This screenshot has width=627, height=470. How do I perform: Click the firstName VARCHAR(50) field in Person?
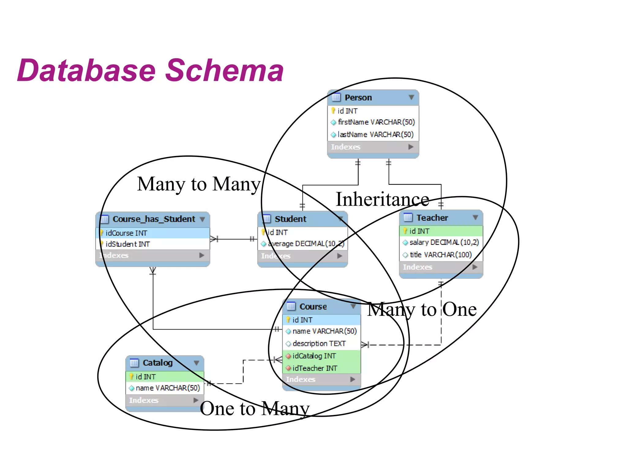[376, 122]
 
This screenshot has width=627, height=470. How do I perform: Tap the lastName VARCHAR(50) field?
[375, 135]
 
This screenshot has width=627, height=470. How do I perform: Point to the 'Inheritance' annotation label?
[382, 200]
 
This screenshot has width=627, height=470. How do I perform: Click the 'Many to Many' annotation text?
[199, 184]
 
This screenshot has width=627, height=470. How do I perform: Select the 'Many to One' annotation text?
[422, 309]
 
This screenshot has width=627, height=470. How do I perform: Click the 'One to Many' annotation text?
[254, 408]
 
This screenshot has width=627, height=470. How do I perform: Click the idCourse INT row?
[126, 233]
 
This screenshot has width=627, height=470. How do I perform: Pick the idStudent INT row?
[128, 244]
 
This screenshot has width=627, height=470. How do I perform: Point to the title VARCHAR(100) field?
[441, 255]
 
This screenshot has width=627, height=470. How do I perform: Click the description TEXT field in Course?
[319, 344]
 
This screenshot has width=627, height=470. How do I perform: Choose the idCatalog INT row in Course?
[314, 356]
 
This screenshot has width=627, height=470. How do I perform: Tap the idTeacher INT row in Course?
[315, 368]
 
